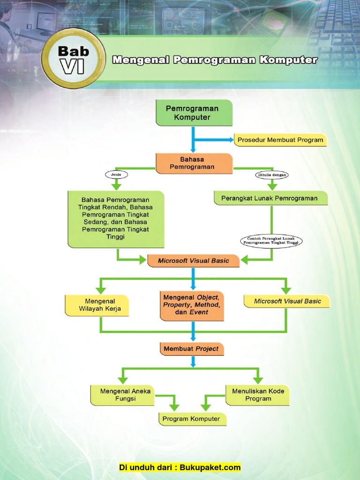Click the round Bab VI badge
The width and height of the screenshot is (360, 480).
tap(73, 59)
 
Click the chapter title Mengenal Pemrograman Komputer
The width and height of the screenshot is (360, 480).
tap(215, 60)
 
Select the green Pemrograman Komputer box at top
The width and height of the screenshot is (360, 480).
tap(194, 113)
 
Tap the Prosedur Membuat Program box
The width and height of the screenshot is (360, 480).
tap(280, 140)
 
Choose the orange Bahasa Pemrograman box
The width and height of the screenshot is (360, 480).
tap(194, 163)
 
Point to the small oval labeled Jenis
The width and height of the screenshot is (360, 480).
tap(116, 174)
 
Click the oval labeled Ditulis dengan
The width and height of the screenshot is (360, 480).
tap(272, 175)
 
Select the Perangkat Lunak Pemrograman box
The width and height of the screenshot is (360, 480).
tap(270, 198)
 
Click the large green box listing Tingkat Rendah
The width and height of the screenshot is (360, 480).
tap(116, 219)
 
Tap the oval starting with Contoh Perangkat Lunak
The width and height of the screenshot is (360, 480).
tap(272, 241)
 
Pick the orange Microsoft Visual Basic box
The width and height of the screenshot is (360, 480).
tap(193, 261)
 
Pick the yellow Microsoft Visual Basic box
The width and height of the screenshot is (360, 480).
tap(287, 301)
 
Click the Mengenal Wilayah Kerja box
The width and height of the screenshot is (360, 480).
tap(97, 305)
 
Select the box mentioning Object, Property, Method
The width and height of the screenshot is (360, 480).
tap(191, 305)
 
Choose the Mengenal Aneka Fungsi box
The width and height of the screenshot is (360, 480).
tap(122, 395)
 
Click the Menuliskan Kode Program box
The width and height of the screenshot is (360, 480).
tap(258, 395)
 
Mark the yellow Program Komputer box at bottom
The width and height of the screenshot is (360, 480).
tap(192, 419)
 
